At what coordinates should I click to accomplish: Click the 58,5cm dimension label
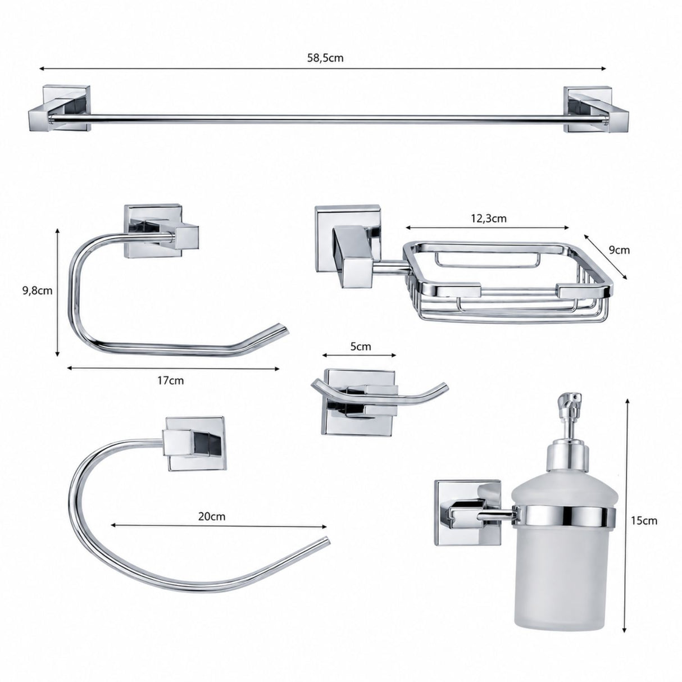[x=325, y=58]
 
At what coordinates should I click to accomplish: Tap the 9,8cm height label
[x=37, y=291]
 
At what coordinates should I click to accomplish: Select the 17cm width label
[x=171, y=380]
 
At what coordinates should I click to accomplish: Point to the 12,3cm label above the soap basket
[x=488, y=219]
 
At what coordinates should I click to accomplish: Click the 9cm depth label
[x=619, y=250]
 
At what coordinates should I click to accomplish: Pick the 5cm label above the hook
[x=360, y=346]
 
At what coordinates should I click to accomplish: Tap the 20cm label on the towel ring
[x=212, y=516]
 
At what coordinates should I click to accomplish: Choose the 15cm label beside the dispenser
[x=644, y=521]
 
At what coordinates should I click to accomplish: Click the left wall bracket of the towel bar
[x=60, y=108]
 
